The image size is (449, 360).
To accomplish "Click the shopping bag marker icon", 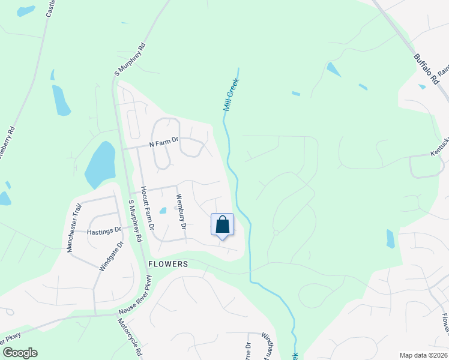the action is point(223,225).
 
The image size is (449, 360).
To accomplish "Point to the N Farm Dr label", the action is point(164,142).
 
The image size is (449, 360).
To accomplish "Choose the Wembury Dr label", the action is point(180,211).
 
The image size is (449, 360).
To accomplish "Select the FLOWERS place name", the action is point(168,264).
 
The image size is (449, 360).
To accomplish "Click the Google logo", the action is point(19,353).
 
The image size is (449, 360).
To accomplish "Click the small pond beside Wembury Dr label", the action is point(163,211).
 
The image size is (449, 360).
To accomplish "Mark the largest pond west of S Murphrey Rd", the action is point(100,164).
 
